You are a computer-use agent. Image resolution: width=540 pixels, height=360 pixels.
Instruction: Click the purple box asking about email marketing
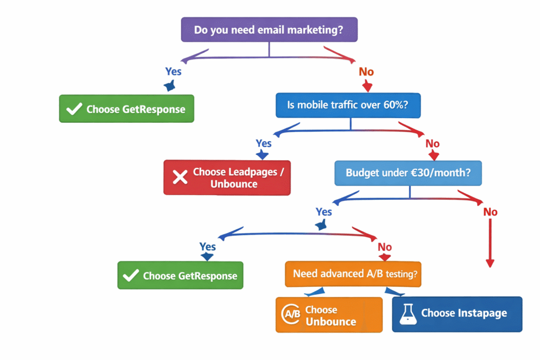[x=269, y=30]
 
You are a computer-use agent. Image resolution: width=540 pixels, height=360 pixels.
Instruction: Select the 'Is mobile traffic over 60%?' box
[x=350, y=105]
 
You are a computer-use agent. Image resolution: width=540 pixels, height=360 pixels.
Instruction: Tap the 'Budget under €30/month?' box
[x=409, y=173]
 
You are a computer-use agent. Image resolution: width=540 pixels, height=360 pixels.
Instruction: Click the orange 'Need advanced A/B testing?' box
[x=353, y=274]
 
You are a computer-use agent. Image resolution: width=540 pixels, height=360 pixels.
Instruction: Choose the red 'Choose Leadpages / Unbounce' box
[x=227, y=178]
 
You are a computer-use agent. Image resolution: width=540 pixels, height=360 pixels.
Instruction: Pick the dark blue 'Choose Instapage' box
[x=457, y=314]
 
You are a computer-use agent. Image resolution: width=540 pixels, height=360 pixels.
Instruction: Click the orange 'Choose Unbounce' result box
[x=329, y=315]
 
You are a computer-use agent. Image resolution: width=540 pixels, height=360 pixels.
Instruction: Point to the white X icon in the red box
[x=180, y=178]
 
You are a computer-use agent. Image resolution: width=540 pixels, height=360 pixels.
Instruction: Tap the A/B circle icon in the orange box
[x=292, y=315]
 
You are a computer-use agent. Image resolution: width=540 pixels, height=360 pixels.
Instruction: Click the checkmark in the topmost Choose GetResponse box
[x=74, y=109]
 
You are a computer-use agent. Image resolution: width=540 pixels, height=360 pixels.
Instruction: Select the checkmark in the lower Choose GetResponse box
[x=130, y=276]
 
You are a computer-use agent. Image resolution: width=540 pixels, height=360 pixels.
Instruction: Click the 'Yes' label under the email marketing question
[x=173, y=71]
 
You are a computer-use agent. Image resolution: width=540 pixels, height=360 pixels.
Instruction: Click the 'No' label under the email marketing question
[x=366, y=72]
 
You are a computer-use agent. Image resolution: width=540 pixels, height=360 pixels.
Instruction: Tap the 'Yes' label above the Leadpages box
[x=264, y=143]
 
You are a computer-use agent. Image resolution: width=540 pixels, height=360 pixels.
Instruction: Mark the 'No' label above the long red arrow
[x=490, y=212]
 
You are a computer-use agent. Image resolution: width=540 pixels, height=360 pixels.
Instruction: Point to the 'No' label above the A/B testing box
[x=385, y=247]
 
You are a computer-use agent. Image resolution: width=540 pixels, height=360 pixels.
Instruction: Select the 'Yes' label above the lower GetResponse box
[x=207, y=247]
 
